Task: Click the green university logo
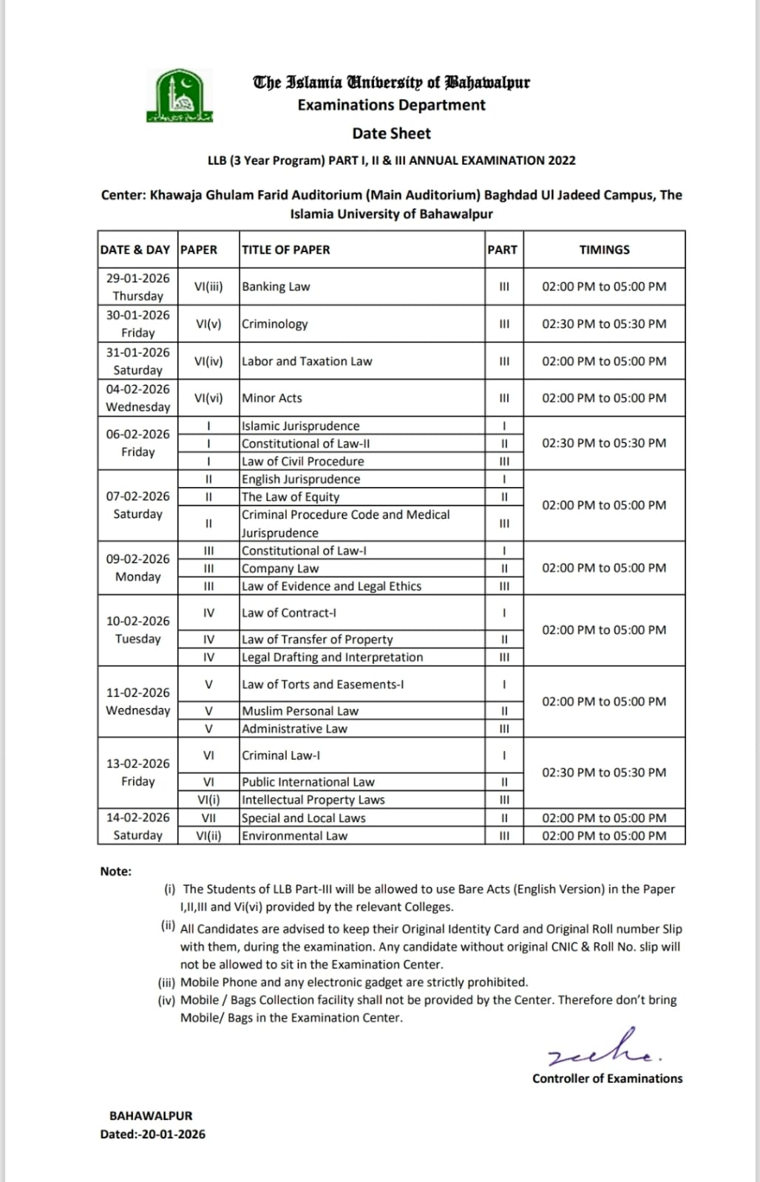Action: (x=179, y=96)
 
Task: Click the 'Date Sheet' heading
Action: (x=391, y=134)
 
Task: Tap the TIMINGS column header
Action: (x=604, y=250)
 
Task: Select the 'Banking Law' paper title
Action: (x=276, y=287)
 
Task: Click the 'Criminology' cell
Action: (x=274, y=324)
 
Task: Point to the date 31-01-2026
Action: (x=138, y=353)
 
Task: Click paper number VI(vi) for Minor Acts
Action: (x=208, y=398)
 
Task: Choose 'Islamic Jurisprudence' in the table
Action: (x=300, y=426)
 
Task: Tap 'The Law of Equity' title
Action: (x=291, y=497)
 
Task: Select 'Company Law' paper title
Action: (x=280, y=568)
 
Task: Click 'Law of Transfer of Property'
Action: (x=317, y=639)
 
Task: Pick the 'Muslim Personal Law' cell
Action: (x=300, y=711)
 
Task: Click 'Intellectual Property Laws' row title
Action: (x=313, y=800)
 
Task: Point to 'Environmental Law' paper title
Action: (x=294, y=836)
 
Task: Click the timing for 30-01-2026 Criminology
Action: (x=604, y=324)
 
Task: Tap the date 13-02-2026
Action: (x=138, y=764)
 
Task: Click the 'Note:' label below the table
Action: (x=115, y=872)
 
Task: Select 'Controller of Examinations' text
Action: (x=607, y=1079)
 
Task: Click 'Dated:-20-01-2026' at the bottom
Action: (x=153, y=1134)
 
